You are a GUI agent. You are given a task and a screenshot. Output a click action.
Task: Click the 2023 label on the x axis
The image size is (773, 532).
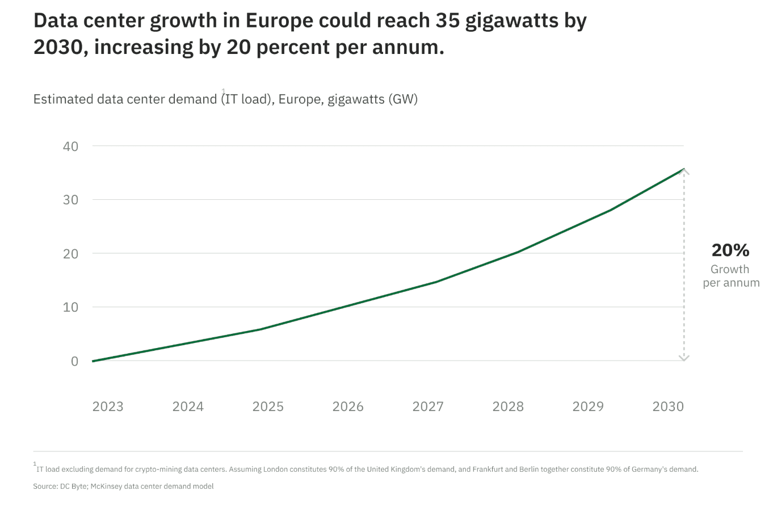pyautogui.click(x=108, y=407)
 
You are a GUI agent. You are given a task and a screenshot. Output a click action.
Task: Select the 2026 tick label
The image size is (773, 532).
pyautogui.click(x=348, y=407)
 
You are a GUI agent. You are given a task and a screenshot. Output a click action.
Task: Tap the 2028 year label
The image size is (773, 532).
pyautogui.click(x=508, y=407)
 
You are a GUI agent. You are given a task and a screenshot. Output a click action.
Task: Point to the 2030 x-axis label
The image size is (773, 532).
pyautogui.click(x=668, y=407)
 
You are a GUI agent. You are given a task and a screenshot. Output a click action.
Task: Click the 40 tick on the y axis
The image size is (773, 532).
pyautogui.click(x=71, y=146)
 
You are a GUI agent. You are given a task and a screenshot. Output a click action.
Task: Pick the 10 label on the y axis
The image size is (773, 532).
pyautogui.click(x=71, y=307)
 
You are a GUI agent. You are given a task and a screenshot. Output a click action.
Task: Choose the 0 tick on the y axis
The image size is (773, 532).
pyautogui.click(x=74, y=361)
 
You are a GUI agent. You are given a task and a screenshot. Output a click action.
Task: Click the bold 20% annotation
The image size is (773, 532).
pyautogui.click(x=730, y=250)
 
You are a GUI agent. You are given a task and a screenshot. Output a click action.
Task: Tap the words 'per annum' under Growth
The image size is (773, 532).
pyautogui.click(x=731, y=283)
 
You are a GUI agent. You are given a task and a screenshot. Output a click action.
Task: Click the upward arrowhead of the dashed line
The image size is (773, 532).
pyautogui.click(x=684, y=171)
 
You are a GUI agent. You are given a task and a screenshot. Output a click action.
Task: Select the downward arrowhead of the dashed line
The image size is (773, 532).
pyautogui.click(x=684, y=358)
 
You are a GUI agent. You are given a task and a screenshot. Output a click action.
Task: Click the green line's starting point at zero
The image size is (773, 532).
pyautogui.click(x=93, y=361)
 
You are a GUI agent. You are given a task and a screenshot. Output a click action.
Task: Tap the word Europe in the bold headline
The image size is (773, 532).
pyautogui.click(x=279, y=20)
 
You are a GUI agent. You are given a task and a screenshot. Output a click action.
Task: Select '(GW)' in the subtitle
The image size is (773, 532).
pyautogui.click(x=403, y=99)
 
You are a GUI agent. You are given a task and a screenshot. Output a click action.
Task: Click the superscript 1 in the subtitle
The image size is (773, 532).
pyautogui.click(x=224, y=91)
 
